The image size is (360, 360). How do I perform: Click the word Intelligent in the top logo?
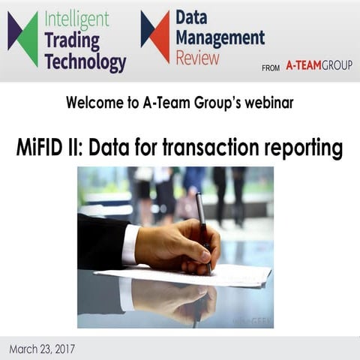76,17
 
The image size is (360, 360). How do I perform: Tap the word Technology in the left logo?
85,62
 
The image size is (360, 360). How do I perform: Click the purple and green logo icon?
23,39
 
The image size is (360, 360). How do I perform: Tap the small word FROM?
271,67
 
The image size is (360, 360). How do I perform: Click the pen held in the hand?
202,225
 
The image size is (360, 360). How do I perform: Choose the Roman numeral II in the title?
76,147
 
